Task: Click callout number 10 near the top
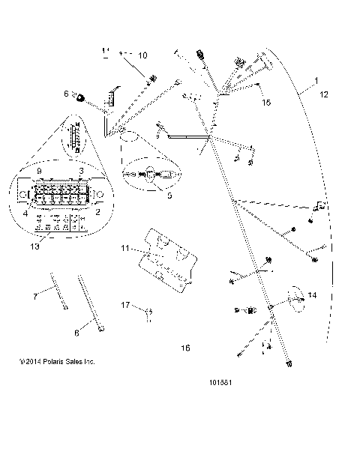point(143,55)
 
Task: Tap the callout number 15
point(266,103)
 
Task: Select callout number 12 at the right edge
point(323,94)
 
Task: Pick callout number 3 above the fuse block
point(80,170)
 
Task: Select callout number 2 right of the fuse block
point(97,213)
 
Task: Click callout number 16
point(186,348)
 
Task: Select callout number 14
point(312,296)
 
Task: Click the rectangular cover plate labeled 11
point(168,258)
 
